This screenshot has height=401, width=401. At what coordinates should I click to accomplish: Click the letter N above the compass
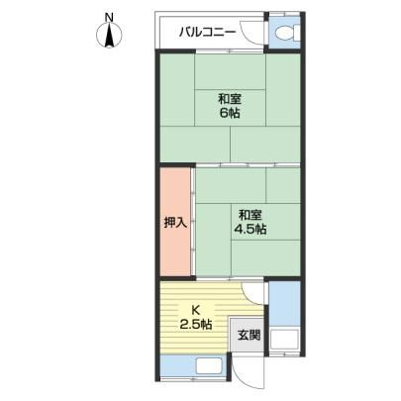109,17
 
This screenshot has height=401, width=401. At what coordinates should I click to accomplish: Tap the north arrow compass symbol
109,36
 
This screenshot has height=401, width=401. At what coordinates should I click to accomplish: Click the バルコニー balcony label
208,33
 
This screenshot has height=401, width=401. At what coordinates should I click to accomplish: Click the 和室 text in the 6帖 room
230,99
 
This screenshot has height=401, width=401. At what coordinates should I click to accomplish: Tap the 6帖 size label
230,113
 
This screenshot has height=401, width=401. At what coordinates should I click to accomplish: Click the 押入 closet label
176,224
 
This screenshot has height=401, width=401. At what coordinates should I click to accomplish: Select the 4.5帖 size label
251,229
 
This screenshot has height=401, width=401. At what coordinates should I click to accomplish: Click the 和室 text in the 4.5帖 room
251,215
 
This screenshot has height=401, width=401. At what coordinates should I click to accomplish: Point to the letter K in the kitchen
196,310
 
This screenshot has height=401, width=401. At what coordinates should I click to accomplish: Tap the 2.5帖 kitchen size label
196,325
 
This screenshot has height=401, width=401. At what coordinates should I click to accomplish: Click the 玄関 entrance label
250,336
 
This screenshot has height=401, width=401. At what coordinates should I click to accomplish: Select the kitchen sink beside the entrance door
210,365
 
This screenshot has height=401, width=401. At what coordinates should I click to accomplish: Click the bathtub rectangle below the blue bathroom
284,341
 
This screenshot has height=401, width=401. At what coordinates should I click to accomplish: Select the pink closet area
176,222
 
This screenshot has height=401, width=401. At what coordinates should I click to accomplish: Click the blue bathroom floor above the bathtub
284,304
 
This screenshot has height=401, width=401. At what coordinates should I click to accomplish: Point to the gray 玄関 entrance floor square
247,335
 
